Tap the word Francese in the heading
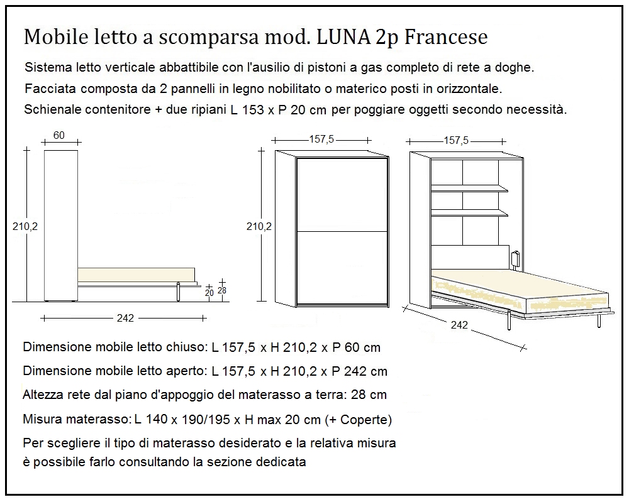pyautogui.click(x=446, y=37)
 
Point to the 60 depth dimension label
pyautogui.click(x=59, y=136)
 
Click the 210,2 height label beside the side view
pyautogui.click(x=25, y=227)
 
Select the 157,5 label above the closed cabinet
pyautogui.click(x=321, y=139)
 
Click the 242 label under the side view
pyautogui.click(x=125, y=318)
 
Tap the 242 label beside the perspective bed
pyautogui.click(x=459, y=325)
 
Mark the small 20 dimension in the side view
pyautogui.click(x=209, y=292)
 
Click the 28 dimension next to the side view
pyautogui.click(x=221, y=290)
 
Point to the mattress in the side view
pyautogui.click(x=135, y=275)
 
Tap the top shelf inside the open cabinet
pyautogui.click(x=469, y=187)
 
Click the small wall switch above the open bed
pyautogui.click(x=516, y=258)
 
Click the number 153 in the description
pyautogui.click(x=252, y=109)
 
